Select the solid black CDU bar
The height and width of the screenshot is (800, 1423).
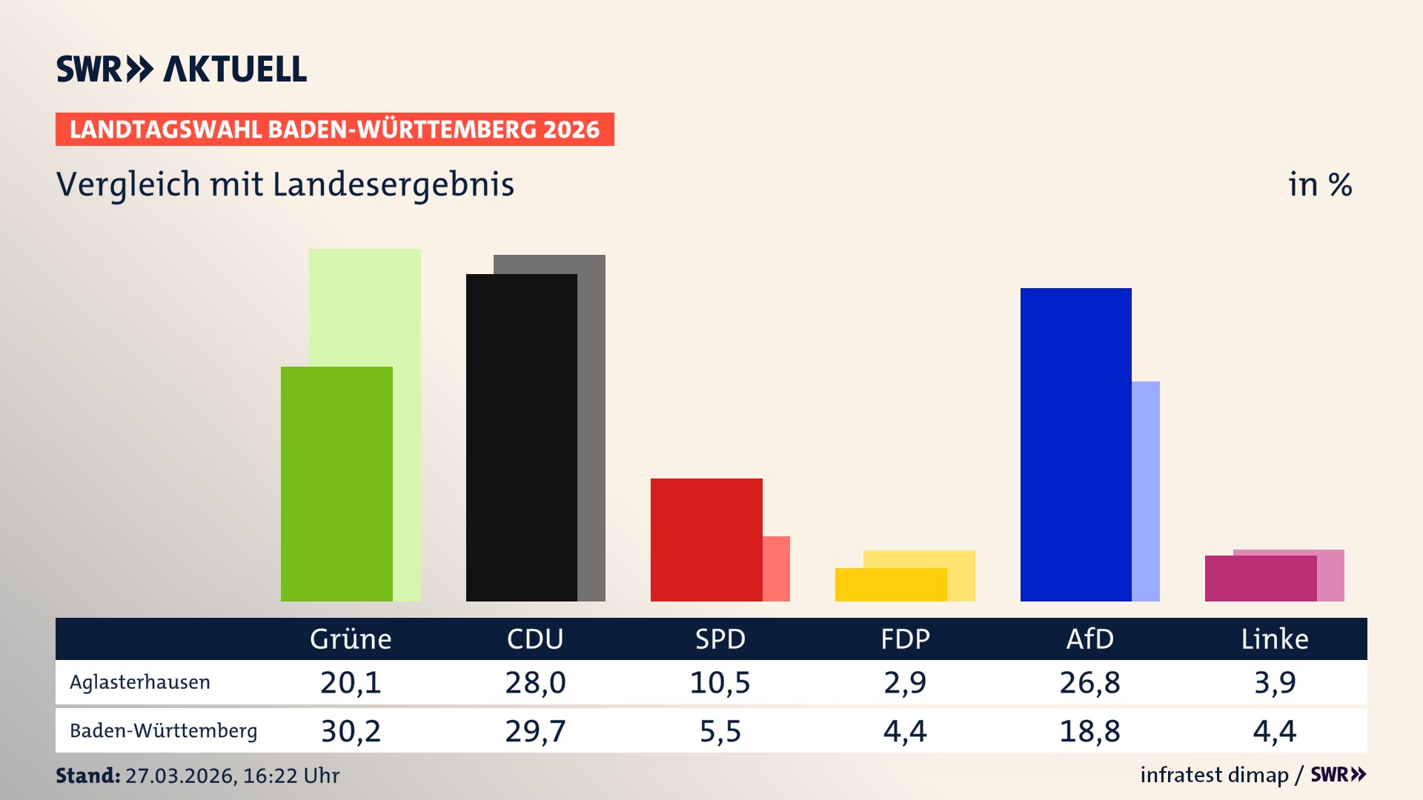tap(521, 437)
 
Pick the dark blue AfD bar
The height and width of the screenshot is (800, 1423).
tap(1075, 444)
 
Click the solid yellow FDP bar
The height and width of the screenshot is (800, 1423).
tap(890, 584)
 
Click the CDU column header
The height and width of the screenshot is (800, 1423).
tap(535, 639)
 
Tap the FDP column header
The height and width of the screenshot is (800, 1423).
tap(905, 639)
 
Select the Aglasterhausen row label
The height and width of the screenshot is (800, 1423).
tap(140, 682)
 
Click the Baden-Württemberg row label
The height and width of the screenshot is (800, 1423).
tap(163, 731)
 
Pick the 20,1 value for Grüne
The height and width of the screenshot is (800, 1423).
tap(351, 682)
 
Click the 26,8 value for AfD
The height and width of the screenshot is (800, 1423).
tap(1089, 682)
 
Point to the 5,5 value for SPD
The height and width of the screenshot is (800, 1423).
tap(720, 731)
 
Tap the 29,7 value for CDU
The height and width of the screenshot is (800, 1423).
tap(535, 731)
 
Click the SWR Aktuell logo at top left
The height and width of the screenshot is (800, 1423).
tap(182, 69)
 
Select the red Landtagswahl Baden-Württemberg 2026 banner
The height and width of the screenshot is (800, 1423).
tap(334, 130)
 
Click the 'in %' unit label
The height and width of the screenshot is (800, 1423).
tap(1320, 184)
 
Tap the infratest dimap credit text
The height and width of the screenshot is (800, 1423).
tap(1214, 775)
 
